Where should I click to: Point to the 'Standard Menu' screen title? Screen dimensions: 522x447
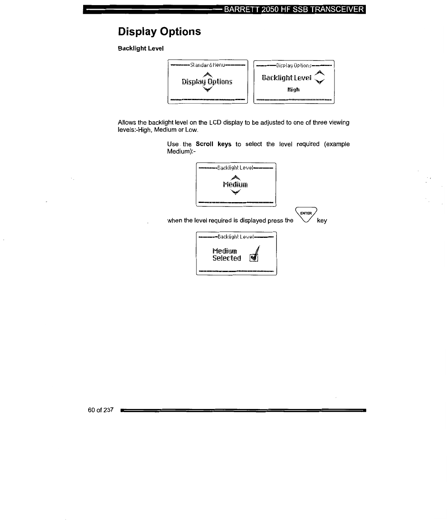tap(207, 65)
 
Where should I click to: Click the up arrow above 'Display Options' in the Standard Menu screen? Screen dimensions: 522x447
tap(207, 74)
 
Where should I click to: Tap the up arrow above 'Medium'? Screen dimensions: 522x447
tap(235, 177)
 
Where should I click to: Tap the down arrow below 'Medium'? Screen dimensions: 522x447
tap(235, 192)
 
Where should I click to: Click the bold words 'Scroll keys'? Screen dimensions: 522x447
tap(213, 144)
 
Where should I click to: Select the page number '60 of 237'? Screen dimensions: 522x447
tap(101, 410)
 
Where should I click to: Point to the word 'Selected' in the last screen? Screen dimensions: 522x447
tap(227, 258)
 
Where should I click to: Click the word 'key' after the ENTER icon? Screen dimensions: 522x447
tap(322, 221)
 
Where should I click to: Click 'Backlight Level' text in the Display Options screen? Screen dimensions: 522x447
tap(287, 78)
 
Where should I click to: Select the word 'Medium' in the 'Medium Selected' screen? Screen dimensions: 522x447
tap(225, 251)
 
